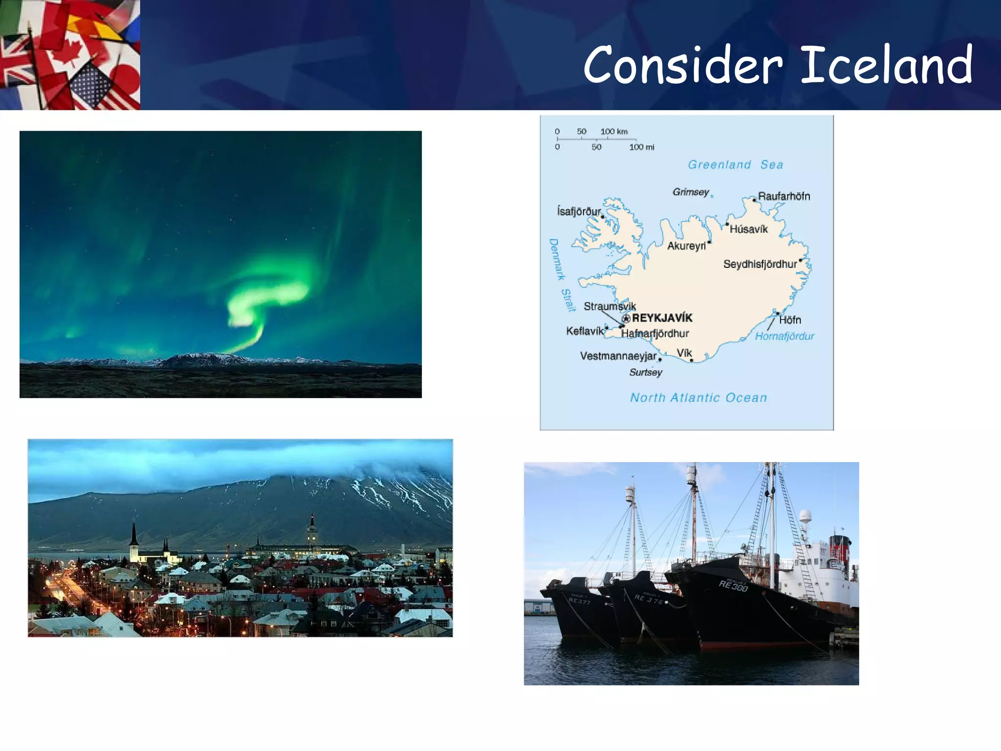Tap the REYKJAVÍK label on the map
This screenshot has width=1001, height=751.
662,318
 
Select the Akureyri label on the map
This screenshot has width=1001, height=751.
686,246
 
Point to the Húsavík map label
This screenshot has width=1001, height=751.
748,229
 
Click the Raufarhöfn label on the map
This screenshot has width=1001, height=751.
784,196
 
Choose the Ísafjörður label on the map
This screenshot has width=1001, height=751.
579,211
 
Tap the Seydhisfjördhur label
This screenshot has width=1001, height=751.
760,264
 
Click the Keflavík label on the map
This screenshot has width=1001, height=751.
585,331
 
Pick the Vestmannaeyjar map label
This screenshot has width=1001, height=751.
618,356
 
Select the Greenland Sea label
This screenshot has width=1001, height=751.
735,165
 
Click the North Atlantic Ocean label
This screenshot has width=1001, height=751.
698,398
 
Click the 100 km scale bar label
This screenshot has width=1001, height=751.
614,132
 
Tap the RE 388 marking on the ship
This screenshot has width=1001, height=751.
733,585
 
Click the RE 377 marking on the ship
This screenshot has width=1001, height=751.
580,601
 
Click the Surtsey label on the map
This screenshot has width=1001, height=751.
646,372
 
